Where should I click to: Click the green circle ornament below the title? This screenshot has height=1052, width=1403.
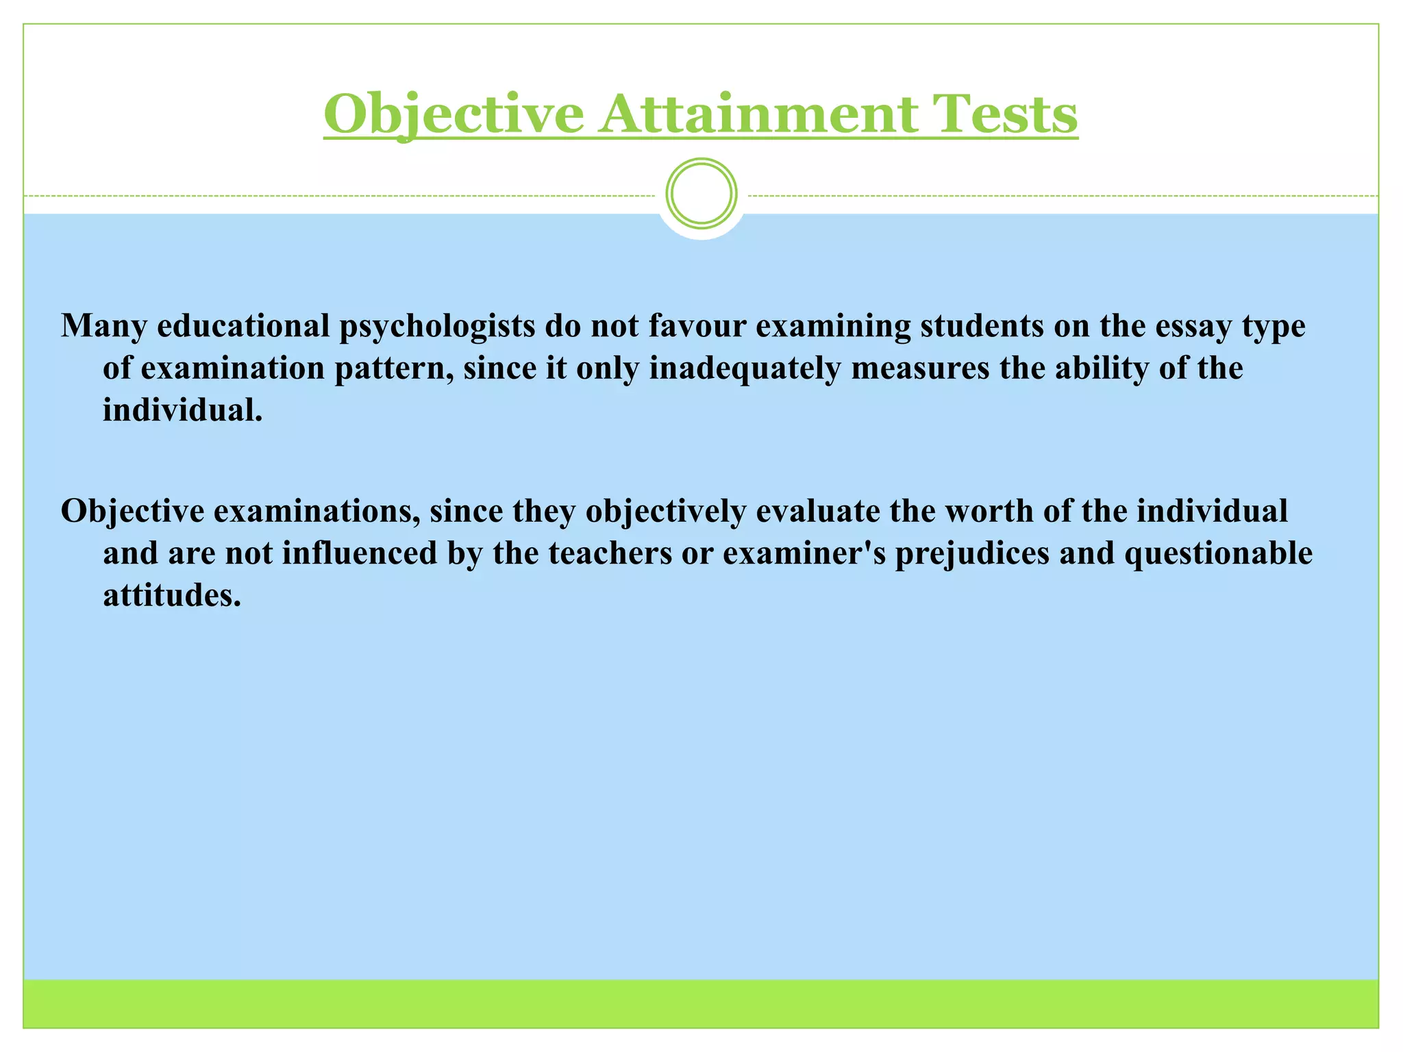pos(701,193)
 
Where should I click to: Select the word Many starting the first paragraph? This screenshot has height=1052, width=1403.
pos(103,327)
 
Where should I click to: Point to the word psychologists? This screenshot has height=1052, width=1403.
pos(437,327)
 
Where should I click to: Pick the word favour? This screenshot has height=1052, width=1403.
pos(697,325)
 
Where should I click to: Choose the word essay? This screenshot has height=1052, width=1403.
pos(1194,327)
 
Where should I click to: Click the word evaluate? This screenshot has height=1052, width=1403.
pos(817,511)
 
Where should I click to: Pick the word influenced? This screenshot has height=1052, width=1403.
pos(359,553)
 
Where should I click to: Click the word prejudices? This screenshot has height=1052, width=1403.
pos(972,553)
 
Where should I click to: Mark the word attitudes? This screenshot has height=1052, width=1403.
pos(172,595)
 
